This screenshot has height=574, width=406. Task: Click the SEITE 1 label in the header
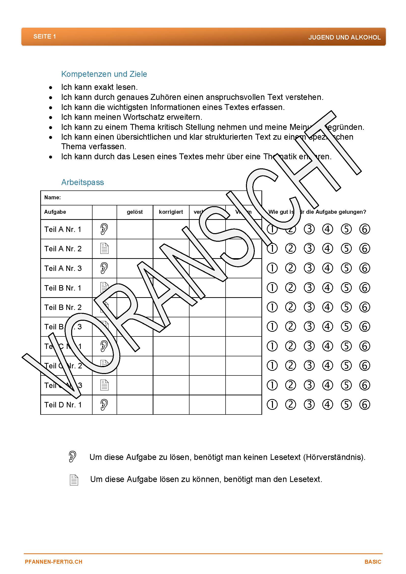44,37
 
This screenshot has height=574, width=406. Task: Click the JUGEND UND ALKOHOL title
344,38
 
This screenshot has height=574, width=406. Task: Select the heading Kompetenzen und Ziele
104,74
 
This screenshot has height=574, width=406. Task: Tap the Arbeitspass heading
82,182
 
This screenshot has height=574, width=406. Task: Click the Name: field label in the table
53,198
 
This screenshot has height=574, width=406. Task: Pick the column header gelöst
135,212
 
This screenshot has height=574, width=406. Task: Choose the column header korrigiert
171,212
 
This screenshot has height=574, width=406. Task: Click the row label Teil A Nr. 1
63,229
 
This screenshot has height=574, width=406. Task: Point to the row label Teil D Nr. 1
63,405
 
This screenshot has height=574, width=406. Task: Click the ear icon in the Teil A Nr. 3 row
104,268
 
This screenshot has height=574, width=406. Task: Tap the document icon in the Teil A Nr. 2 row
104,249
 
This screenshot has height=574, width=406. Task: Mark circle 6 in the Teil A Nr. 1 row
365,229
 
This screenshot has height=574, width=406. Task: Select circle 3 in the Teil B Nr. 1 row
309,288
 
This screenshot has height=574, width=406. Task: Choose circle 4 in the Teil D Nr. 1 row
327,405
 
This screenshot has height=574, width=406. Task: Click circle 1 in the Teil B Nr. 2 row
272,307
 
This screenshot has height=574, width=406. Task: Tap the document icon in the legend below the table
74,480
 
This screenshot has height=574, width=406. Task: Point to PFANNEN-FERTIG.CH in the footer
54,562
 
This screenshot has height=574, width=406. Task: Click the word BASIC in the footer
373,562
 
